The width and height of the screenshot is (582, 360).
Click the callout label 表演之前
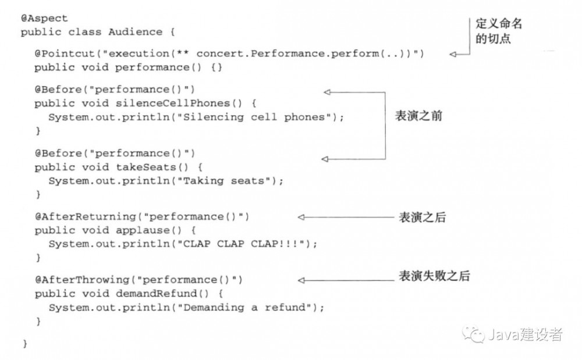tap(419, 116)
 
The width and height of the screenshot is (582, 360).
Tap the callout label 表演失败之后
tap(434, 276)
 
